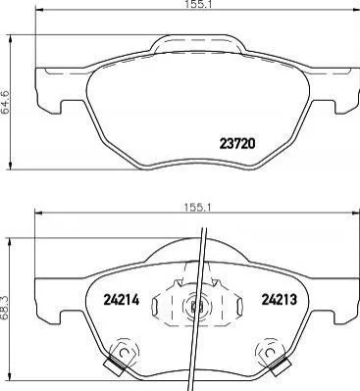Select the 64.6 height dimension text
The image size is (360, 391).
pos(6,102)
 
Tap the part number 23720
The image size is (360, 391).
pos(237,143)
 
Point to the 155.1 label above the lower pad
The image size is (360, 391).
pos(197,207)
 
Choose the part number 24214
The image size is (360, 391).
pos(122,299)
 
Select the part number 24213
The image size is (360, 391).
pos(280,299)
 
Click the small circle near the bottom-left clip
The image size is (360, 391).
pos(124,353)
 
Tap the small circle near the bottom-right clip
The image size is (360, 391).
pos(269,353)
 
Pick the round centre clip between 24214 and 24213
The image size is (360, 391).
pos(197,307)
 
